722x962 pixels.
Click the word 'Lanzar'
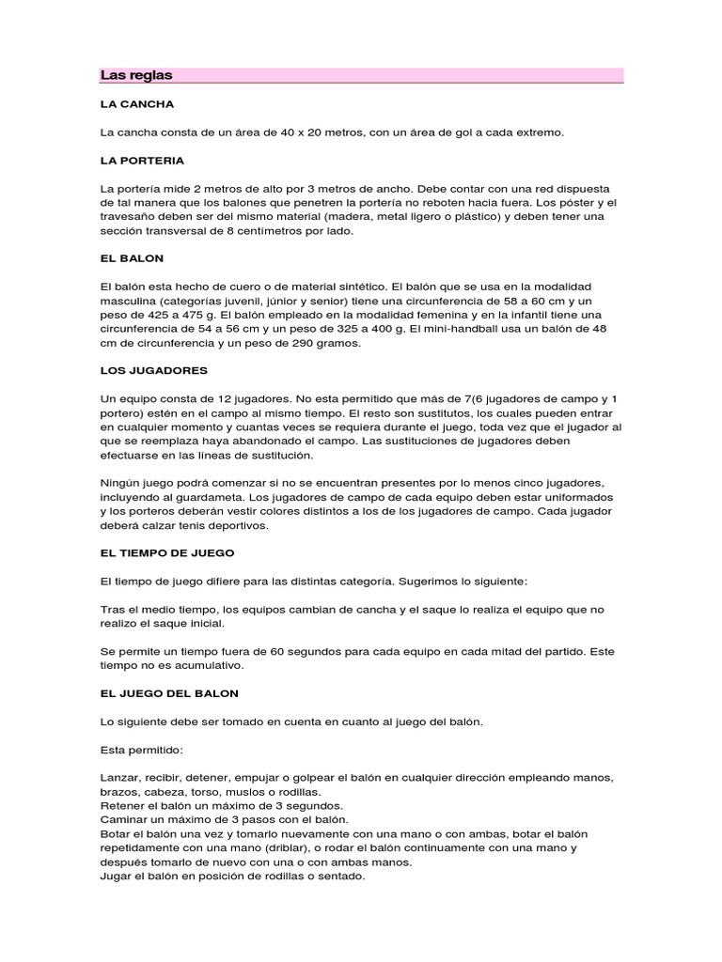coord(119,779)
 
